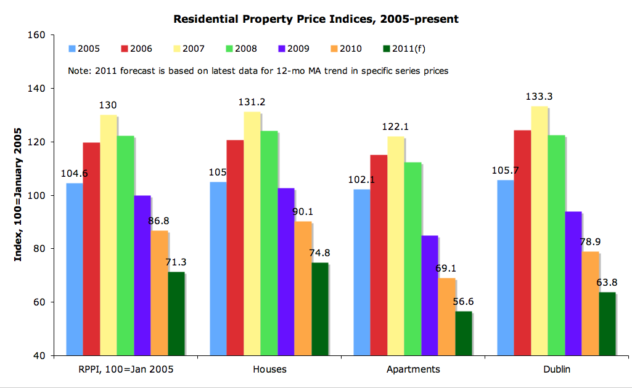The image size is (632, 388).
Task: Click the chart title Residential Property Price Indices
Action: (x=316, y=19)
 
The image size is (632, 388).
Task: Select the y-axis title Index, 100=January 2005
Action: (x=18, y=195)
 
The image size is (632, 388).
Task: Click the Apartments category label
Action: (x=413, y=370)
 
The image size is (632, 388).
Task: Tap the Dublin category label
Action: (x=557, y=370)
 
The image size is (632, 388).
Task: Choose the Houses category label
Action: (x=269, y=370)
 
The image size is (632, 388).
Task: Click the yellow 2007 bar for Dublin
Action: (x=539, y=231)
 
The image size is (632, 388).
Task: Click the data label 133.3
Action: (x=540, y=97)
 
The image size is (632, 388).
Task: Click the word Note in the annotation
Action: (x=78, y=71)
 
